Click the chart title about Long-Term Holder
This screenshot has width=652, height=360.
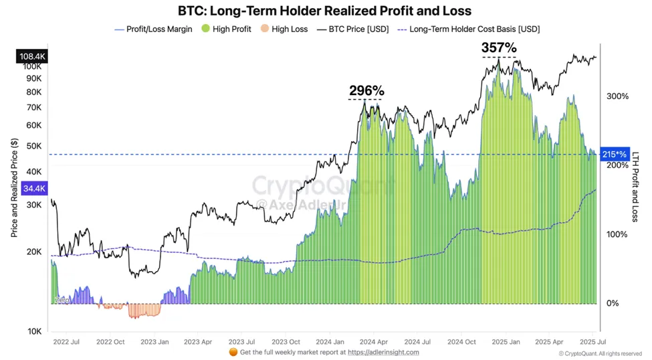(x=324, y=11)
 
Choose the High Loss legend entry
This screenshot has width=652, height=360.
(x=284, y=29)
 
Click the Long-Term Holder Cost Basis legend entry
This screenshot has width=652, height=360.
(x=469, y=29)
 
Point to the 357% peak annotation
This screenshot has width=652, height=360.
(x=499, y=48)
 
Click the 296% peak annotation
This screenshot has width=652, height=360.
(x=366, y=90)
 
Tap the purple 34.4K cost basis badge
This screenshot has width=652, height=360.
(x=33, y=189)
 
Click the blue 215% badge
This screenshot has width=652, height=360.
(x=614, y=154)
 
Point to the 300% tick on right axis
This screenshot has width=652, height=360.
(x=617, y=96)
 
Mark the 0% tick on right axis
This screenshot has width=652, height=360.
(x=613, y=303)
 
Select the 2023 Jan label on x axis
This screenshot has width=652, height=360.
(x=154, y=341)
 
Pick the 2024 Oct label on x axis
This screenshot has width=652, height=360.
(x=461, y=341)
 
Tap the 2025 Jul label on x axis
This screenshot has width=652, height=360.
(x=588, y=341)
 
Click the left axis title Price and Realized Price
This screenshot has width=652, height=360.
(x=15, y=188)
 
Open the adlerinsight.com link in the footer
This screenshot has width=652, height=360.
(x=383, y=352)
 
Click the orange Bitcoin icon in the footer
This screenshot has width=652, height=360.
(x=233, y=352)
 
